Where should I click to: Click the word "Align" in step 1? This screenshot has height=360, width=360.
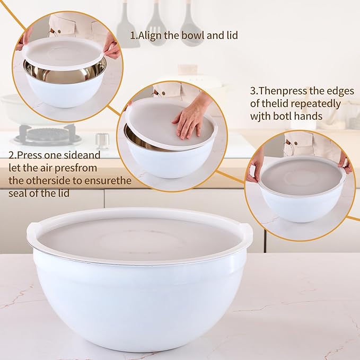pos(151,36)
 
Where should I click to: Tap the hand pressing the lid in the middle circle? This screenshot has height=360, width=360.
pos(191,117)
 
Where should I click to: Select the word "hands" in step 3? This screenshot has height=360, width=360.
pos(312,116)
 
